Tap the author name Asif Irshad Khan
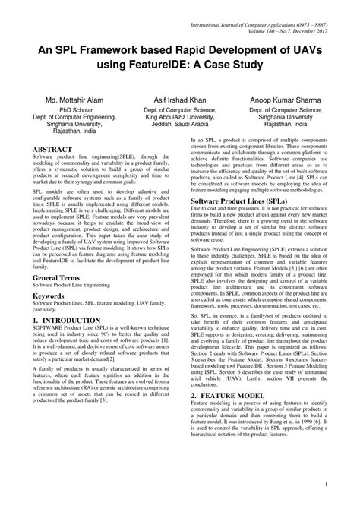click(180, 100)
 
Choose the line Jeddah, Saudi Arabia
click(181, 128)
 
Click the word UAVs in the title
click(310, 49)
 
